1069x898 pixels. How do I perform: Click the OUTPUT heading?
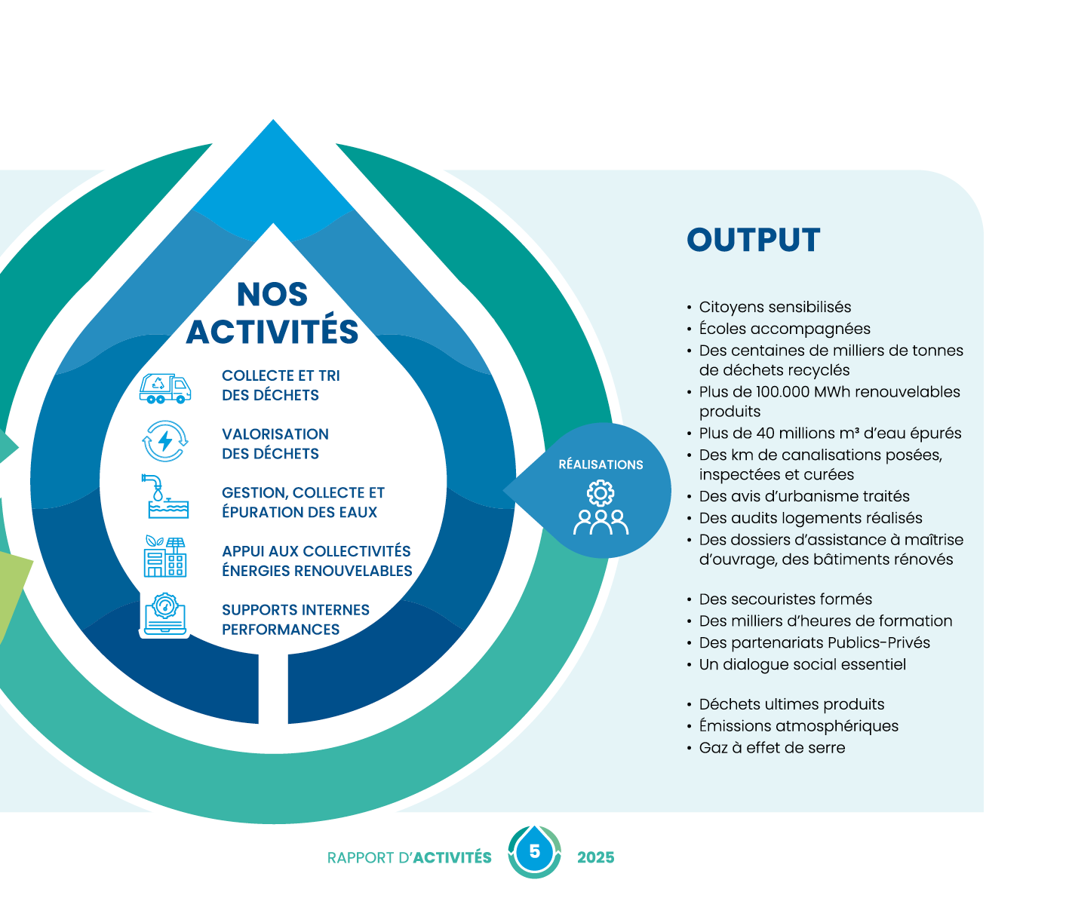click(x=753, y=240)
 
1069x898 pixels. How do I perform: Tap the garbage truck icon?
click(x=165, y=388)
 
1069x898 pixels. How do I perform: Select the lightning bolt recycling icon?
click(x=165, y=441)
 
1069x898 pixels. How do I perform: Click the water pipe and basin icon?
click(x=165, y=496)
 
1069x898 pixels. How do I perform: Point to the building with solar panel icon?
click(x=165, y=556)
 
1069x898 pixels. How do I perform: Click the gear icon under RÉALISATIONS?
click(x=601, y=493)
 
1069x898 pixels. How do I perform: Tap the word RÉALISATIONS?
click(x=601, y=464)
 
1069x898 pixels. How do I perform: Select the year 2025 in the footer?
click(x=595, y=857)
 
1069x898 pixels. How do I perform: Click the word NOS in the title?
click(x=272, y=295)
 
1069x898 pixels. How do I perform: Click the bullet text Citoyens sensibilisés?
click(x=775, y=307)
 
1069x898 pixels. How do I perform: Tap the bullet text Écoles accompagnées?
click(x=785, y=329)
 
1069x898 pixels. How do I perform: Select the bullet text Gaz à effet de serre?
click(x=772, y=748)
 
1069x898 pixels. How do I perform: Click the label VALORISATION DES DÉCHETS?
click(x=275, y=443)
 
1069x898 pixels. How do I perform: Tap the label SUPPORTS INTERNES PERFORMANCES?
click(x=296, y=619)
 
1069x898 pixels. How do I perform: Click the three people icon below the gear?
click(x=601, y=522)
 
